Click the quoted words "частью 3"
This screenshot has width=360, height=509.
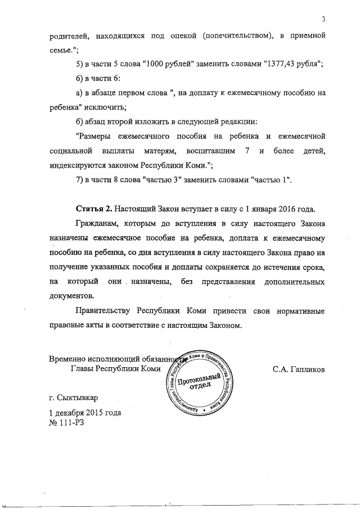165,180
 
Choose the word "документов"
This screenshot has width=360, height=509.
71,294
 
